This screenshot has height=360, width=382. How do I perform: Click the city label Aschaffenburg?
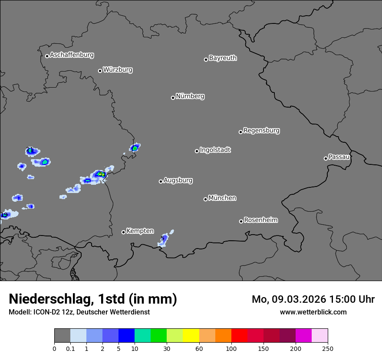pos(72,55)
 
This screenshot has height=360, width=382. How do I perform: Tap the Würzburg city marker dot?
pos(100,71)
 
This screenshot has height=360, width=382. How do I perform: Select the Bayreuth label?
pos(223,58)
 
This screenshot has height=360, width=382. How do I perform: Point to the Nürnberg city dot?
pos(173,98)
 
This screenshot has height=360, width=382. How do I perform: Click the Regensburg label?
pos(261,130)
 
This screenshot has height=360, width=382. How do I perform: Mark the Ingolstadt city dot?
pos(197,151)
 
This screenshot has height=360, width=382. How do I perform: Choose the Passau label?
pos(339,157)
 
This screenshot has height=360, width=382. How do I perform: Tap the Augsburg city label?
pos(178,180)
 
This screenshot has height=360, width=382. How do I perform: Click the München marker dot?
pos(205,199)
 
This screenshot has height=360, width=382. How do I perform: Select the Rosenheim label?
pos(260,220)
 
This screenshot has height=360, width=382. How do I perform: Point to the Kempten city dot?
pos(123,232)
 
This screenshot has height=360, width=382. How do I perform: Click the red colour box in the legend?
pos(239,336)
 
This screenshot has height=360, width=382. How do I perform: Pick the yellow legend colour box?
pos(191,336)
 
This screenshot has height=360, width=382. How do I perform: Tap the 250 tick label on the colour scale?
pos(328,348)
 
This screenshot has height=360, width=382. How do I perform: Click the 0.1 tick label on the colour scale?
pos(70,348)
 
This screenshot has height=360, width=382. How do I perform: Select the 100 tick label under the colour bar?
pos(231,348)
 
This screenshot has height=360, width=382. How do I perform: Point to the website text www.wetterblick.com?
pos(313,312)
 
